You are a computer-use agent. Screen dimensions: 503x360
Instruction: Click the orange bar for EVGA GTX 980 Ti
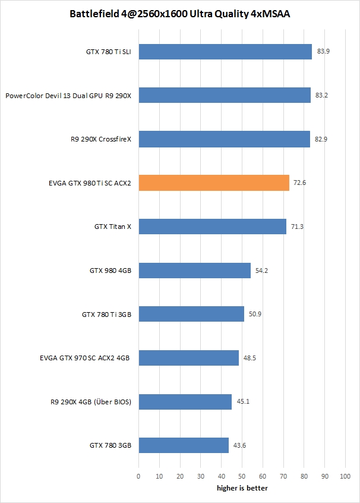214,183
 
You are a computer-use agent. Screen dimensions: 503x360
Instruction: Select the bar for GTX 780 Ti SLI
225,52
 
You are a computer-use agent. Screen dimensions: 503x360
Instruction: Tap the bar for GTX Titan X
212,227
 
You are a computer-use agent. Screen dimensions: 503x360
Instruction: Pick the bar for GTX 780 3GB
184,445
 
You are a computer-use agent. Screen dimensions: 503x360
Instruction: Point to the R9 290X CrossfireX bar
225,139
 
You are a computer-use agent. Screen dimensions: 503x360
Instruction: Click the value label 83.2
323,95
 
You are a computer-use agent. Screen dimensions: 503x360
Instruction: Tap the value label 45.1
244,402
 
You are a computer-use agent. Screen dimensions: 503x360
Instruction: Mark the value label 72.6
301,183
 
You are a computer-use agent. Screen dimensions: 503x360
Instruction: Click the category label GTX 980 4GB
110,271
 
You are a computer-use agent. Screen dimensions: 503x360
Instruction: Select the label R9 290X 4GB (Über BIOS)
91,402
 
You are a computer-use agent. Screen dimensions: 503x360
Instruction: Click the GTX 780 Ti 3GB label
106,314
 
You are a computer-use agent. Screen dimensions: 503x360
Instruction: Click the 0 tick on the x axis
138,476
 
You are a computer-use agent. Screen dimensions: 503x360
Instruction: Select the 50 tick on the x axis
242,476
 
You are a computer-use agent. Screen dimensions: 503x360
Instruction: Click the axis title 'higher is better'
242,488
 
